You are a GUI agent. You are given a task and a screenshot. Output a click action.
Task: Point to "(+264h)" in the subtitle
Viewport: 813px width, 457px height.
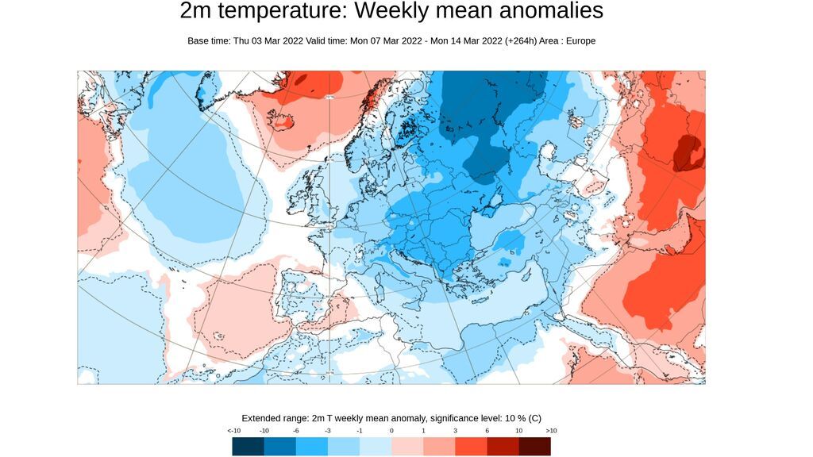click(520, 40)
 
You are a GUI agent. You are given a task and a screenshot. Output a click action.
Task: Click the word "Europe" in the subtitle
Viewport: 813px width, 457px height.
click(580, 40)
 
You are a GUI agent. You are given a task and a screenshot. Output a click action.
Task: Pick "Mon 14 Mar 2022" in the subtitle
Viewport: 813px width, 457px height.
click(466, 40)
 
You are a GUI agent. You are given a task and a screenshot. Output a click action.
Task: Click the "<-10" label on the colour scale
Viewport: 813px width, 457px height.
click(234, 430)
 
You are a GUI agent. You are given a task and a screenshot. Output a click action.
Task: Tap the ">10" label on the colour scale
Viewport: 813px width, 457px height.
click(551, 430)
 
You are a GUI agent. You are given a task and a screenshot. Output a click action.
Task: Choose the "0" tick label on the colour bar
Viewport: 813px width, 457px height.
click(391, 430)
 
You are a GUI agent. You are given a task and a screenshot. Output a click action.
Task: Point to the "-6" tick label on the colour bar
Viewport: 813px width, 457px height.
click(296, 430)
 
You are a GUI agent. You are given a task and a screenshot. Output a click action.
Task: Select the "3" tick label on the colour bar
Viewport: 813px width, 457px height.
click(455, 430)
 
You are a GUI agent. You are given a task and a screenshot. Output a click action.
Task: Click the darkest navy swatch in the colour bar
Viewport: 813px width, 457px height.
click(248, 447)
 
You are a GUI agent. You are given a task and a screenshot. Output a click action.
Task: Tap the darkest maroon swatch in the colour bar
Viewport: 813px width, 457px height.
click(534, 447)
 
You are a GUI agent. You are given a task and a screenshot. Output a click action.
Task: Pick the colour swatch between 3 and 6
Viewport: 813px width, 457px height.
click(471, 447)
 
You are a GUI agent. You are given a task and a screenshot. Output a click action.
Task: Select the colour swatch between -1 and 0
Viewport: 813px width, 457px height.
click(376, 447)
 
